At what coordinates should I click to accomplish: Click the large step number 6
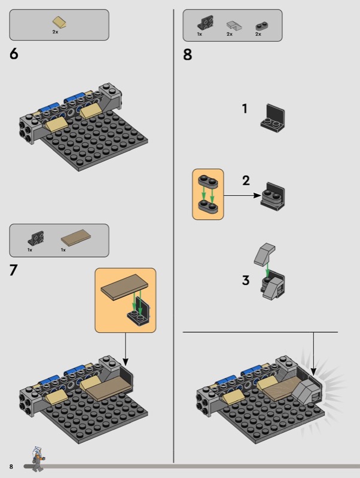pyautogui.click(x=14, y=54)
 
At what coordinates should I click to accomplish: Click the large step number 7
pyautogui.click(x=14, y=270)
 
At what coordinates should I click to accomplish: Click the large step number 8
pyautogui.click(x=188, y=54)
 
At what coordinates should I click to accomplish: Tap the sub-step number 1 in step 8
pyautogui.click(x=245, y=109)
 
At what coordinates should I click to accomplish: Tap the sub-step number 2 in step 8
pyautogui.click(x=246, y=180)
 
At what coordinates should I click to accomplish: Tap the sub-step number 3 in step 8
pyautogui.click(x=246, y=280)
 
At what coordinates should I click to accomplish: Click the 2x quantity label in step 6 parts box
pyautogui.click(x=55, y=32)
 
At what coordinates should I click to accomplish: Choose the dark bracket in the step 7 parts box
pyautogui.click(x=36, y=238)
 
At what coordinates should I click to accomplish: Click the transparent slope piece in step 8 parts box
pyautogui.click(x=234, y=26)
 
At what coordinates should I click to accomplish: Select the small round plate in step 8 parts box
pyautogui.click(x=262, y=26)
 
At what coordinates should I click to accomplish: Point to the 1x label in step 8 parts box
pyautogui.click(x=200, y=34)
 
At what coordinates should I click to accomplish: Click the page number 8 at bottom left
pyautogui.click(x=11, y=467)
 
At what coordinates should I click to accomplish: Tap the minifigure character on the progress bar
pyautogui.click(x=38, y=459)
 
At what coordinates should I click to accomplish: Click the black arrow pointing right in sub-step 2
pyautogui.click(x=243, y=195)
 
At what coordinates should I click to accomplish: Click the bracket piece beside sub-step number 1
pyautogui.click(x=273, y=118)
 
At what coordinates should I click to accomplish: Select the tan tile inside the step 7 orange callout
pyautogui.click(x=125, y=287)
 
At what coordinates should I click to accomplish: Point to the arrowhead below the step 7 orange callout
pyautogui.click(x=126, y=361)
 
